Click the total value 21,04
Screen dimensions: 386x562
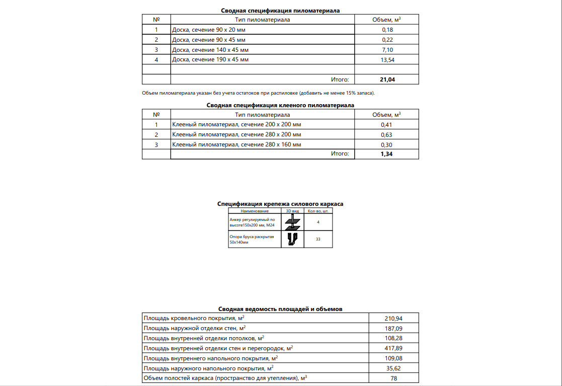[x=386, y=80]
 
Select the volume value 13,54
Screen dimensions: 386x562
[x=386, y=60]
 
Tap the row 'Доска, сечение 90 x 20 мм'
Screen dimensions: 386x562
[x=209, y=30]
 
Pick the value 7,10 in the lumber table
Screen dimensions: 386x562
[x=386, y=50]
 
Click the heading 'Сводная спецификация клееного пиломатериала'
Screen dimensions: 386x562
[x=280, y=105]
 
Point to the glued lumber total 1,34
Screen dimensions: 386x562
[x=386, y=154]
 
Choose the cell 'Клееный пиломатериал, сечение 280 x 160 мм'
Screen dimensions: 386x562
[x=236, y=145]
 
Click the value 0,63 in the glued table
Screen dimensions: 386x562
[x=386, y=135]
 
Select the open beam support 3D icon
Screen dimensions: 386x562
[x=292, y=239]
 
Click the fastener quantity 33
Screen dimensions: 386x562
[x=318, y=239]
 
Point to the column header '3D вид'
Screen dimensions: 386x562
[x=292, y=211]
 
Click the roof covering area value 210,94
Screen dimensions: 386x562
[x=393, y=318]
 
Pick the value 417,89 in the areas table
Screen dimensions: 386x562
[x=393, y=348]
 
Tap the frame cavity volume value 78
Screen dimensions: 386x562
[x=393, y=378]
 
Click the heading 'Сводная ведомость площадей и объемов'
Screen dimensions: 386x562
[x=280, y=309]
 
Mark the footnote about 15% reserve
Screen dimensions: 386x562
[x=259, y=93]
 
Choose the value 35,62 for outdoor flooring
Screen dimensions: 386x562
[x=393, y=368]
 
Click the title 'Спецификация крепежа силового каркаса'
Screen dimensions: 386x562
[x=280, y=204]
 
